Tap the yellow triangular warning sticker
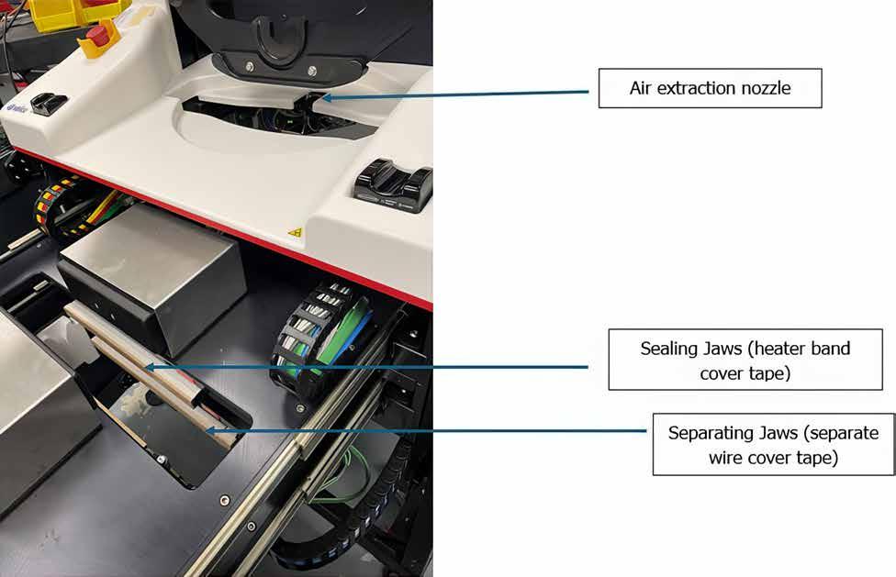[x=295, y=233]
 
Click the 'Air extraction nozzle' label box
[x=710, y=88]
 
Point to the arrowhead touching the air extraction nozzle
[x=324, y=95]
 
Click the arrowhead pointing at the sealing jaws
[x=149, y=367]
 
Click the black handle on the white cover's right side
[x=394, y=183]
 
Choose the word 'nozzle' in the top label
[x=765, y=88]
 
